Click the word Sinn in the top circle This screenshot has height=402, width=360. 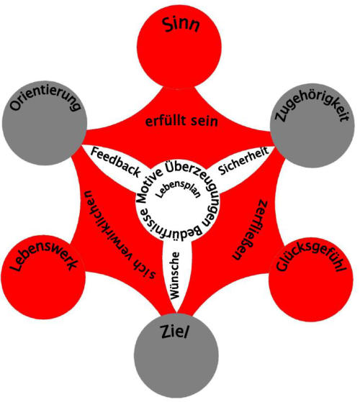coord(181,25)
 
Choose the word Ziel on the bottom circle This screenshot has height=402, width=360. coord(174,332)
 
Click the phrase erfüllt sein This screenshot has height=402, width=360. coord(181,121)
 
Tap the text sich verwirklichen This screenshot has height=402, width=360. coord(120,234)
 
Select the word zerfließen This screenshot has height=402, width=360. coord(250,229)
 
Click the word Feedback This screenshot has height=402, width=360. coord(116,162)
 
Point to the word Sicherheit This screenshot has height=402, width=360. coord(243,160)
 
